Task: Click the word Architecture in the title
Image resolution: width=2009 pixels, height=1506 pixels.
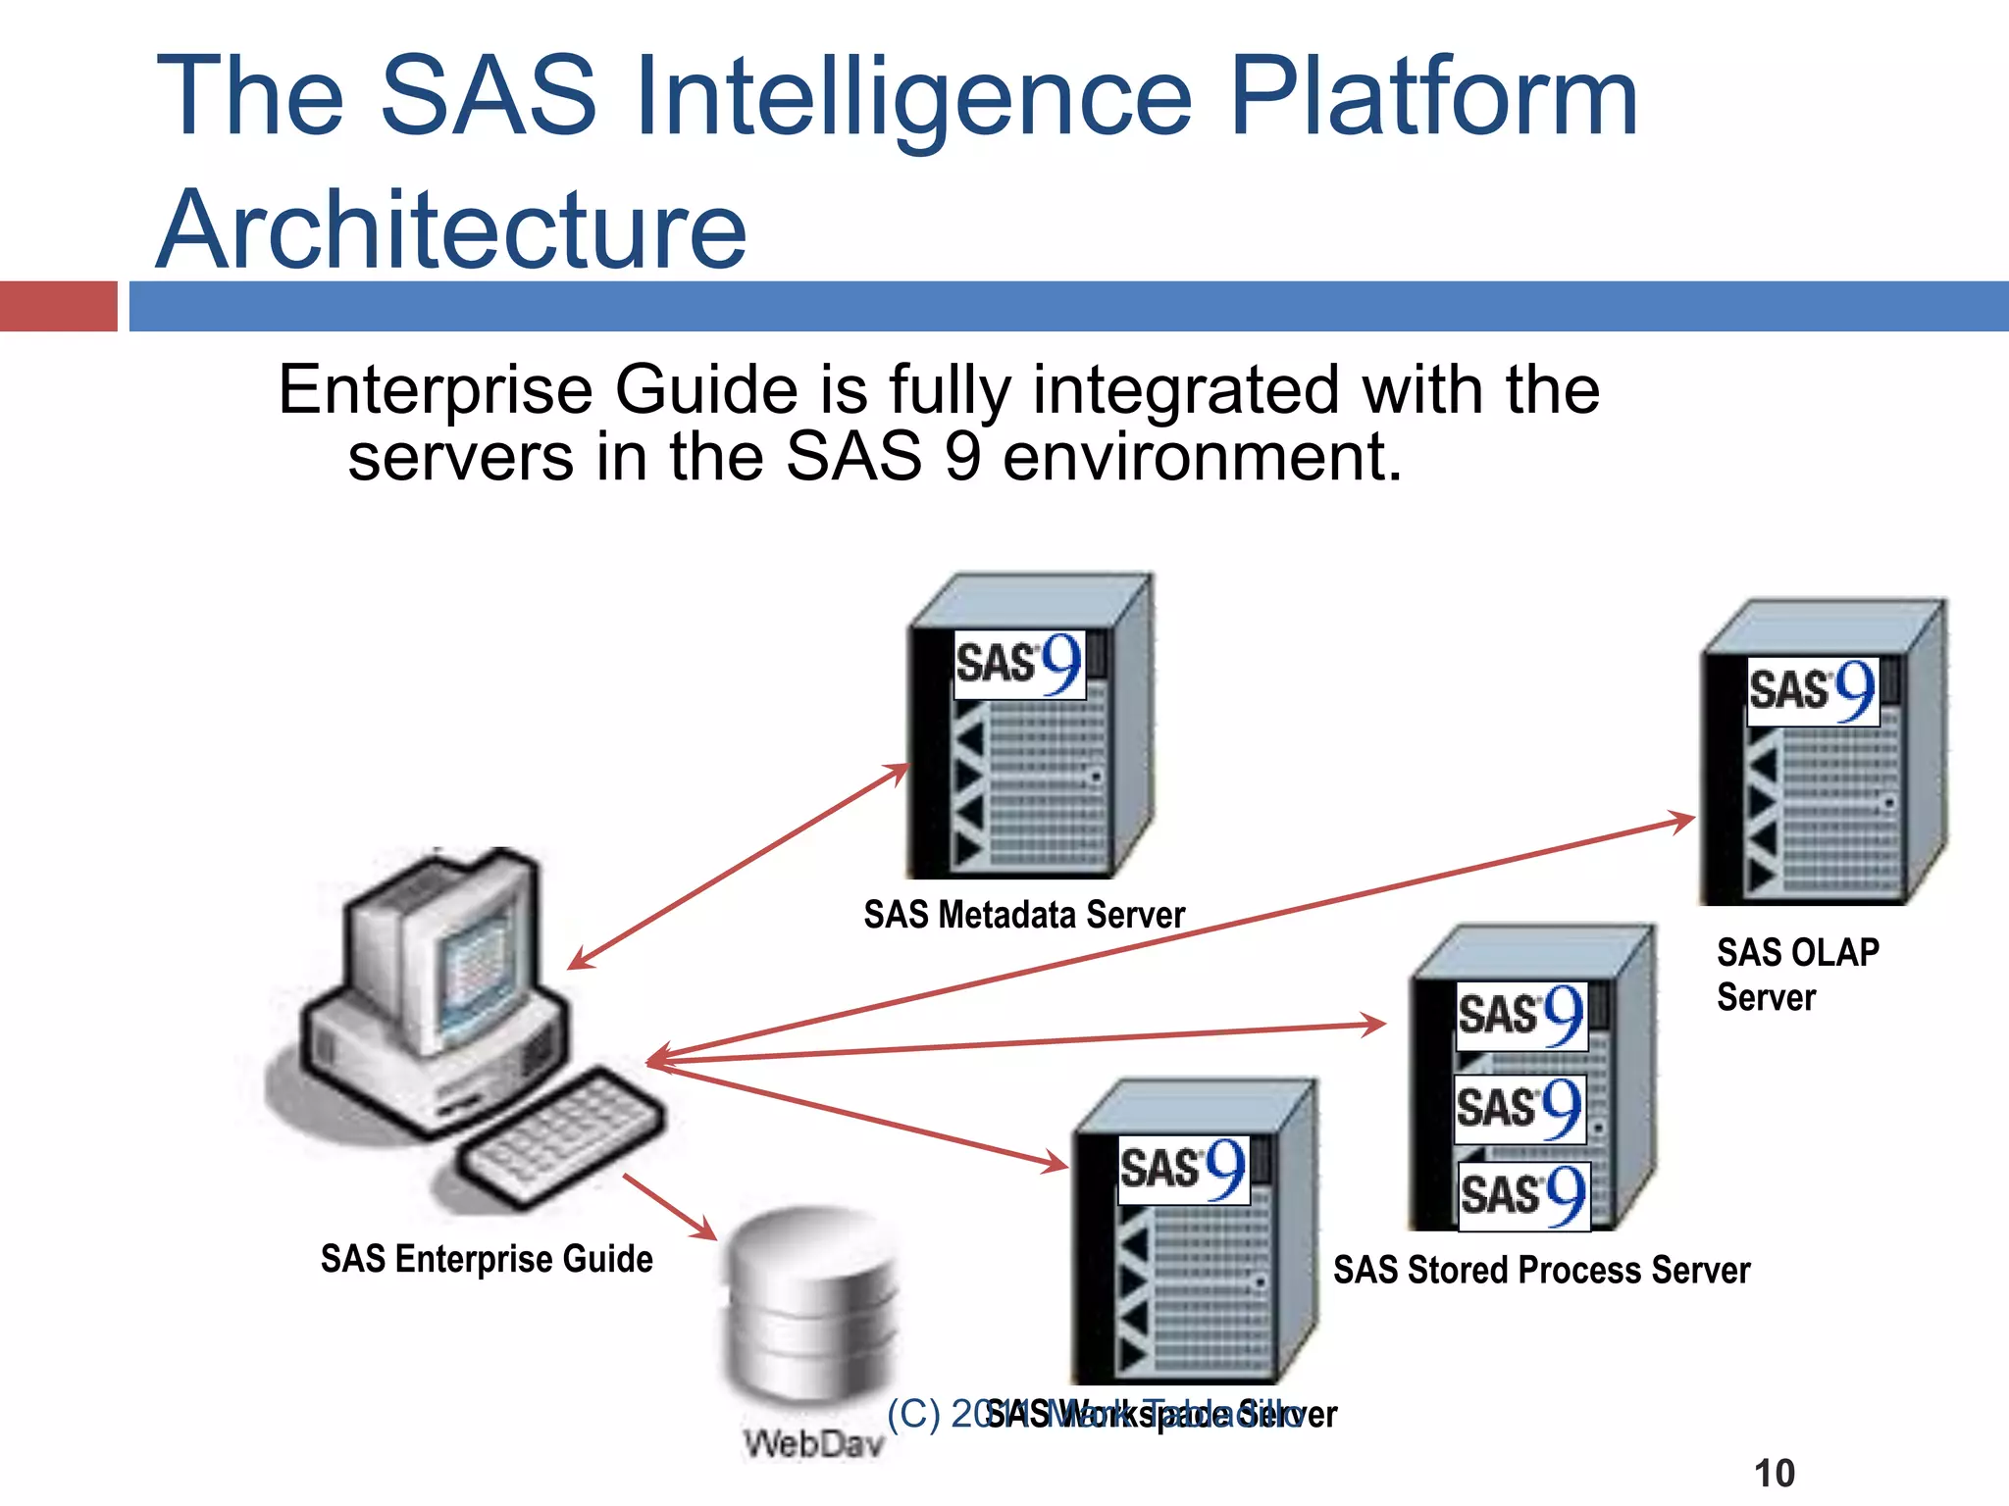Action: [451, 230]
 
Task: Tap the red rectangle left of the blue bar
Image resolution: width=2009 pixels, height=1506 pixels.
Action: [59, 306]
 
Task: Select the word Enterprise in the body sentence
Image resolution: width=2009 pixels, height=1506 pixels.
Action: [437, 390]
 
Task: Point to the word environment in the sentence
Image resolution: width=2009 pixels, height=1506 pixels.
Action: [1202, 457]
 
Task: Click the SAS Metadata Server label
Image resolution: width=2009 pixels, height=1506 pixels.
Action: [1024, 915]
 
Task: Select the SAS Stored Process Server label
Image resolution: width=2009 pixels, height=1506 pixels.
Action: [1541, 1270]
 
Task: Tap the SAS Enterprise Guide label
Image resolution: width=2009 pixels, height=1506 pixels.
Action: [487, 1259]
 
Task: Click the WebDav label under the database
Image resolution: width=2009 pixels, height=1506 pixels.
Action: [813, 1443]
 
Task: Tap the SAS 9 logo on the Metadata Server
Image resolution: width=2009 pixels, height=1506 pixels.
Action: [1019, 665]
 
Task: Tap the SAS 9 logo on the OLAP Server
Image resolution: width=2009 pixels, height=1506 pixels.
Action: [1813, 691]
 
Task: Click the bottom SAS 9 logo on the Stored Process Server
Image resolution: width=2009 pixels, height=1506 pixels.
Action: [1523, 1195]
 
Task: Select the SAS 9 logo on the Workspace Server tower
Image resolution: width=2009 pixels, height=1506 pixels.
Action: [1183, 1170]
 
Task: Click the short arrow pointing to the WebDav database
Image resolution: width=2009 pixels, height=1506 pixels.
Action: [671, 1207]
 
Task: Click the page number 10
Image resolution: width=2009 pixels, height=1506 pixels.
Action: [1774, 1474]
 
